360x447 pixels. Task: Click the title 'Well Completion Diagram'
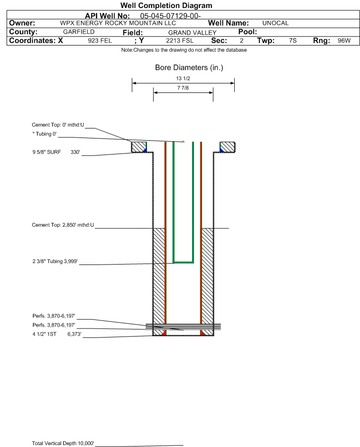tap(166, 5)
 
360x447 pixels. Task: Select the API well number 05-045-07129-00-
tap(170, 16)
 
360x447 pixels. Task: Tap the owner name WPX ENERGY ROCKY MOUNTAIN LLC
tap(118, 23)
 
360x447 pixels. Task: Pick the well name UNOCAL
tap(275, 23)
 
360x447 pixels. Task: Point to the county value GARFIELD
tap(79, 32)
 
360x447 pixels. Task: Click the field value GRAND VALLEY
tap(192, 33)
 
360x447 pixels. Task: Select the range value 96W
tap(344, 40)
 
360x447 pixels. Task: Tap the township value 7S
tap(293, 40)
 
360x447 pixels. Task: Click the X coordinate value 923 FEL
tap(100, 41)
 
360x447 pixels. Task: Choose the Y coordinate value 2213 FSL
tap(180, 41)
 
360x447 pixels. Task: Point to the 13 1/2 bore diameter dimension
tap(183, 78)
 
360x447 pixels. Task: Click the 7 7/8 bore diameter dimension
tap(183, 88)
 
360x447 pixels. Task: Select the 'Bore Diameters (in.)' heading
tap(189, 68)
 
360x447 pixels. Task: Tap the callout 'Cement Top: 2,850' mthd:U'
tap(63, 225)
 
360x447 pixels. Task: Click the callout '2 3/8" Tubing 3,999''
tap(55, 261)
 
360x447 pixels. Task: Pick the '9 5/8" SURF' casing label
tap(46, 152)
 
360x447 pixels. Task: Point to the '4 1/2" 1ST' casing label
tap(45, 334)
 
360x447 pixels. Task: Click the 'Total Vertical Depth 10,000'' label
tap(63, 443)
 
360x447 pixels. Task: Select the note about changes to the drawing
tap(184, 50)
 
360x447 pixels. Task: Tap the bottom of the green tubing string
tap(184, 262)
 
